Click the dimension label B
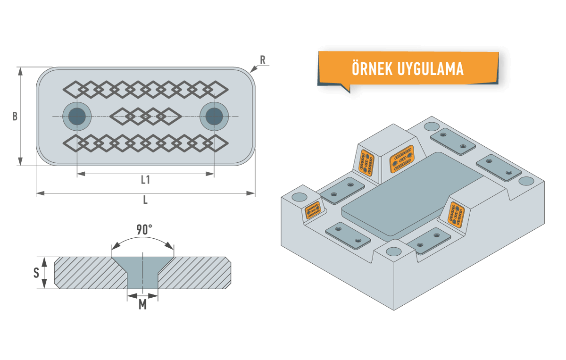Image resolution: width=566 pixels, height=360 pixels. [15, 117]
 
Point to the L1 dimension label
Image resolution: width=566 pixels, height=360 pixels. [146, 180]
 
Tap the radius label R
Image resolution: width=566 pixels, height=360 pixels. [263, 60]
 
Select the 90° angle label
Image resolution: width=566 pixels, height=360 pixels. [144, 230]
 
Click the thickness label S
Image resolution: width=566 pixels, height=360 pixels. [36, 273]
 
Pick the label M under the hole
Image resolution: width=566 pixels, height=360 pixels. [142, 305]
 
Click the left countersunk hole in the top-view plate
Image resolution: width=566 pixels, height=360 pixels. [77, 116]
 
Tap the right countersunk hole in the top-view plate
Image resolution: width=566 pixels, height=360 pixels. [214, 116]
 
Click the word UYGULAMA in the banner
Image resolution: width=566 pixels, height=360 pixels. [431, 69]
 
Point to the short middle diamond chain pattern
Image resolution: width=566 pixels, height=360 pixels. [146, 116]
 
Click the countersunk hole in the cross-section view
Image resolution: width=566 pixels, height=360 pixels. [142, 273]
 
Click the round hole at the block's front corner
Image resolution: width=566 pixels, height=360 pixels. [394, 251]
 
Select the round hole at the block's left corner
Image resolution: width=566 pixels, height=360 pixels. [299, 197]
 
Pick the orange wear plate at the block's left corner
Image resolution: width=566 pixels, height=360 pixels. [313, 210]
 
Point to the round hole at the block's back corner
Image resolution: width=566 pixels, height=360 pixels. [432, 126]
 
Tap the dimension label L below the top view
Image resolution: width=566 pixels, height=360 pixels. [145, 200]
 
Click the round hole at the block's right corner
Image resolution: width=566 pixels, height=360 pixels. [526, 181]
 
